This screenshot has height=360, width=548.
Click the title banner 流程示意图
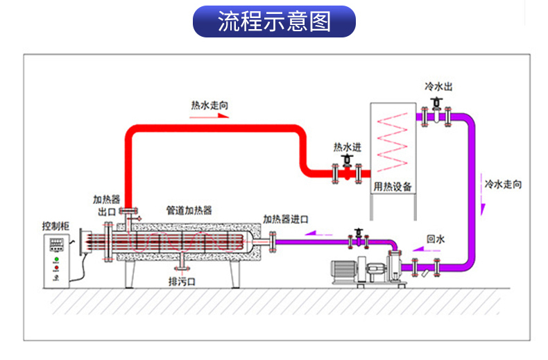tap(274, 22)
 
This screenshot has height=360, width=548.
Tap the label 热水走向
tap(210, 105)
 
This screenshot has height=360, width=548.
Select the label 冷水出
tap(439, 87)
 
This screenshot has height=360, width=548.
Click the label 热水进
tap(348, 147)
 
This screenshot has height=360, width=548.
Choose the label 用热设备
tap(393, 187)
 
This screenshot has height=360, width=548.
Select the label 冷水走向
tap(503, 185)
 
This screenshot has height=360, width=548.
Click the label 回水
tap(436, 239)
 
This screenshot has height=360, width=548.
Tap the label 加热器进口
tap(286, 219)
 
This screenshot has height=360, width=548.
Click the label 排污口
tap(182, 282)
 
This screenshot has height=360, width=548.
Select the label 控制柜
tap(55, 226)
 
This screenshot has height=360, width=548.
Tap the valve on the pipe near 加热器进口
tap(358, 237)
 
